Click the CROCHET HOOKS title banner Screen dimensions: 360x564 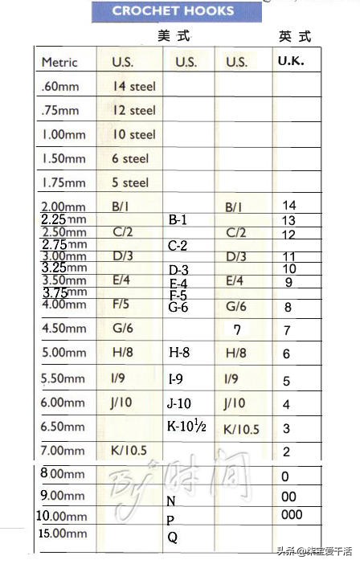[x=173, y=11]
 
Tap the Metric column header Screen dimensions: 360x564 [x=59, y=62]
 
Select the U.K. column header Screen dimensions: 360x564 [x=291, y=60]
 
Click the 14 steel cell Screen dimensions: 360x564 [x=134, y=86]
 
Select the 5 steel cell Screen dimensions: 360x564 [x=130, y=182]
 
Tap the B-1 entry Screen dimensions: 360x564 [x=178, y=219]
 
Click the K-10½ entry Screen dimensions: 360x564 [x=186, y=427]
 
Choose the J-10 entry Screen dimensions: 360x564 [x=179, y=403]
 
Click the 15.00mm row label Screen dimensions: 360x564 [x=63, y=533]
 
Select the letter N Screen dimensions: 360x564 [x=171, y=501]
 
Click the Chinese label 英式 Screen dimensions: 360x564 [x=294, y=37]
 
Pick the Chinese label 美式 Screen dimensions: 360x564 [x=174, y=37]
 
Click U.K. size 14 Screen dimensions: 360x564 [x=289, y=206]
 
